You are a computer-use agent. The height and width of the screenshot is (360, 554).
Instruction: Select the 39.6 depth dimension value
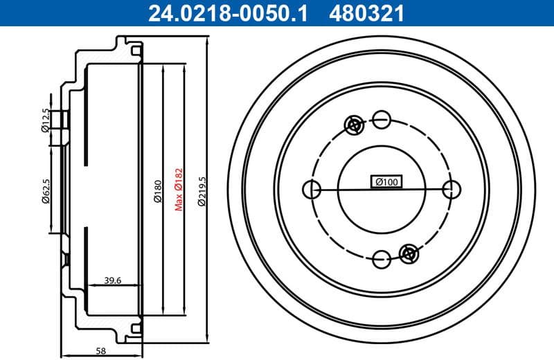(x=113, y=280)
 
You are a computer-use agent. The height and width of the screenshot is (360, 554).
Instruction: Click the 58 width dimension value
(x=101, y=351)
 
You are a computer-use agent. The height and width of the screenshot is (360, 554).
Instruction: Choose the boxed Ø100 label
(x=386, y=182)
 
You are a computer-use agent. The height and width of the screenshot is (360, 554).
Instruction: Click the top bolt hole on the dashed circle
(x=381, y=118)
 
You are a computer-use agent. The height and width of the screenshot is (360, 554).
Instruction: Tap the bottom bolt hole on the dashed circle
(x=381, y=260)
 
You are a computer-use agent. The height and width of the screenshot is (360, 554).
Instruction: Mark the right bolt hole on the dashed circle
(x=452, y=189)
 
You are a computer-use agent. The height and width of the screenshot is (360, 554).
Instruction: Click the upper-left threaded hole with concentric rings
(x=354, y=125)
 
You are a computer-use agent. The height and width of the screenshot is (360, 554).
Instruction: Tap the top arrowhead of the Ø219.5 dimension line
(x=208, y=43)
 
